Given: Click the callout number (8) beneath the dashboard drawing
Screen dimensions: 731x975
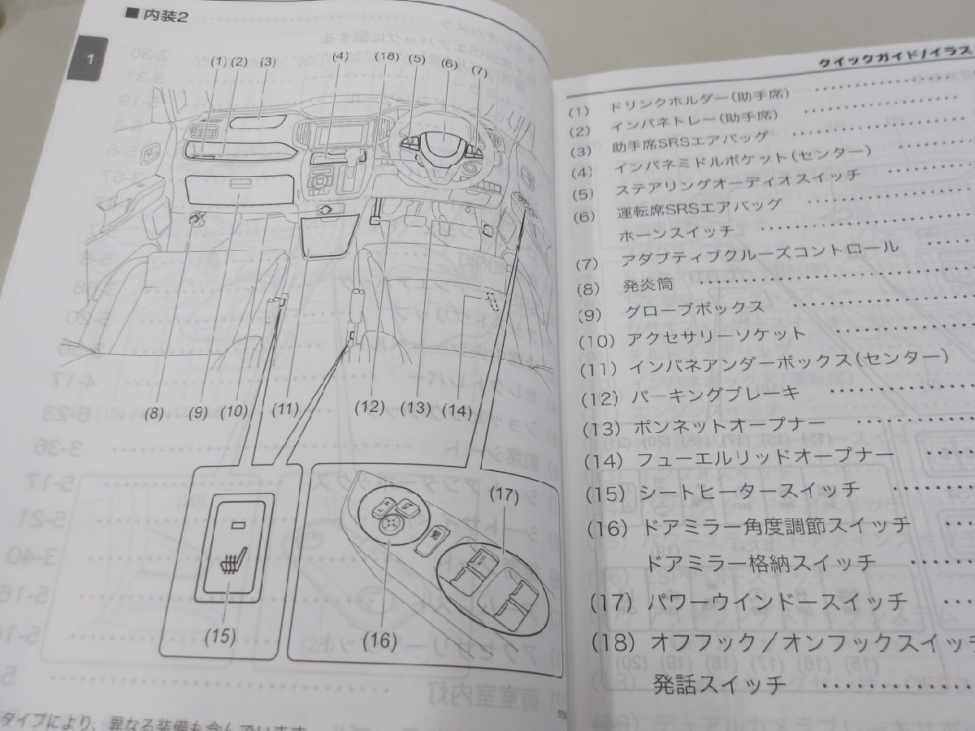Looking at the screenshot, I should tap(154, 412).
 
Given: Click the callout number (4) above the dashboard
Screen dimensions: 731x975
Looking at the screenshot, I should tap(340, 58).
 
